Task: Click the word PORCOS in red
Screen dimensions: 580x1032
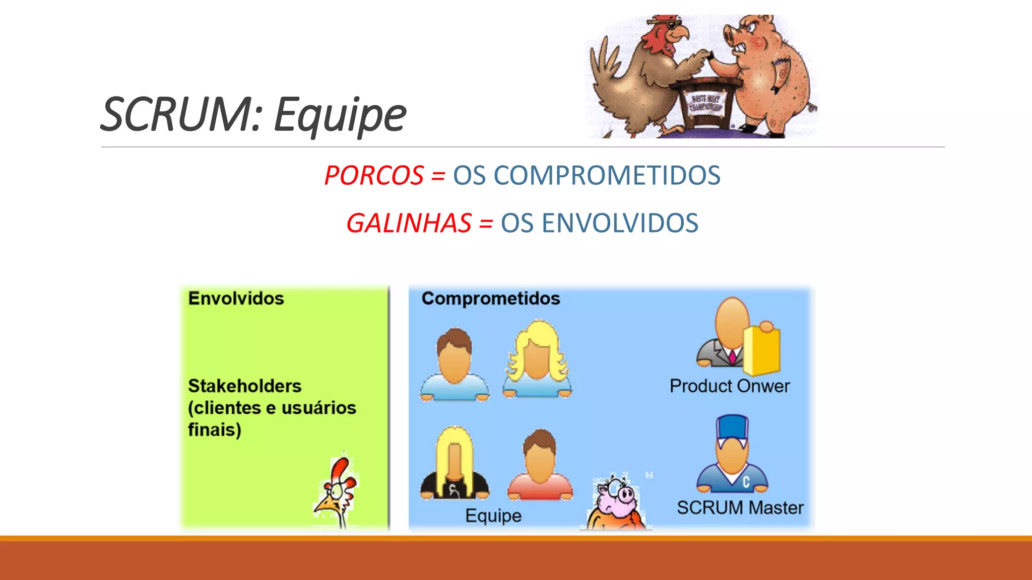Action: click(x=374, y=176)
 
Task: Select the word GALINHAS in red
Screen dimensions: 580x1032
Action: click(x=409, y=224)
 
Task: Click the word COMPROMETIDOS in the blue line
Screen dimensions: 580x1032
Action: click(x=607, y=176)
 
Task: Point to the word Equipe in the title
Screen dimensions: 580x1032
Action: click(x=340, y=115)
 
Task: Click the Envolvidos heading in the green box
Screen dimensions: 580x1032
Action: click(x=236, y=298)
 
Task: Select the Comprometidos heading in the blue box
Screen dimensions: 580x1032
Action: click(x=490, y=298)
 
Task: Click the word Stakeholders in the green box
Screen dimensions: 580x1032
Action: click(x=244, y=386)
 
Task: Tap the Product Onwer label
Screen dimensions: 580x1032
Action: click(x=729, y=386)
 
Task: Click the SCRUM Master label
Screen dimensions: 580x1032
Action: click(x=740, y=507)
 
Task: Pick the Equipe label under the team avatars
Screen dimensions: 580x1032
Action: click(x=493, y=516)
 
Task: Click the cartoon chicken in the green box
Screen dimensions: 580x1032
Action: click(x=336, y=491)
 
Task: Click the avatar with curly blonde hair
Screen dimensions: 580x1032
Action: click(x=537, y=357)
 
